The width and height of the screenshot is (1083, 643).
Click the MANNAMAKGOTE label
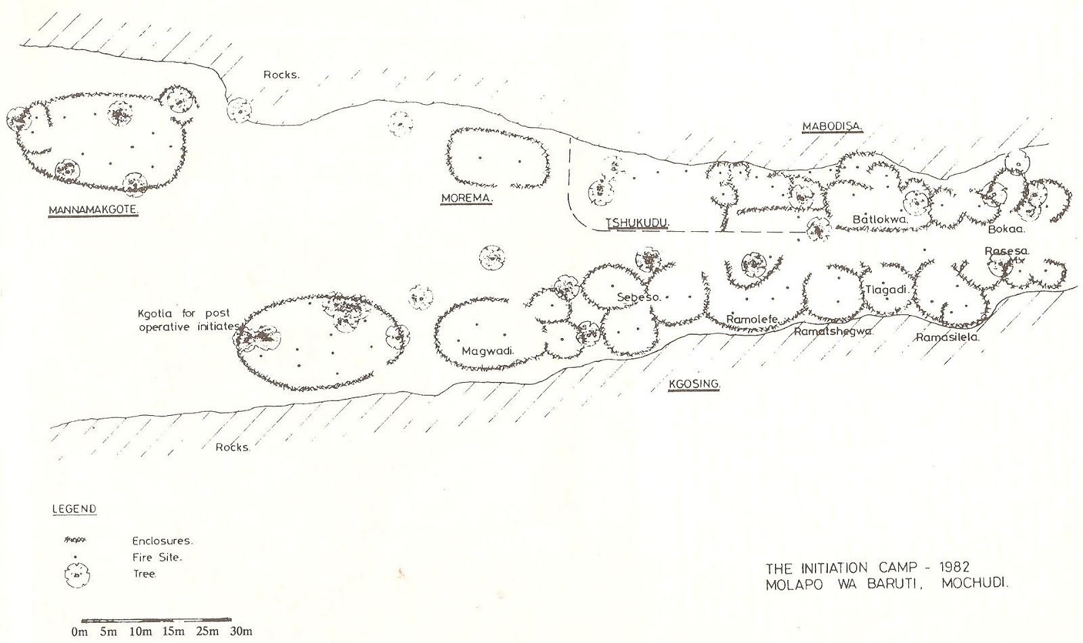pos(93,211)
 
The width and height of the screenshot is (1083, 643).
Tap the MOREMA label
pos(466,198)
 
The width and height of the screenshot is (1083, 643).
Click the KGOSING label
pos(694,385)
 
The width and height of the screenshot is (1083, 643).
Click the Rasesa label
pos(1007,251)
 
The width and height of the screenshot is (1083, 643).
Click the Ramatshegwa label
pos(833,331)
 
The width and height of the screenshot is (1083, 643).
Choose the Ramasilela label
pos(948,337)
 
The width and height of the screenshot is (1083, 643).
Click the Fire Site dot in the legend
pos(75,558)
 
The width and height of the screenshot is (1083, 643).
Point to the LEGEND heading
pos(74,508)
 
